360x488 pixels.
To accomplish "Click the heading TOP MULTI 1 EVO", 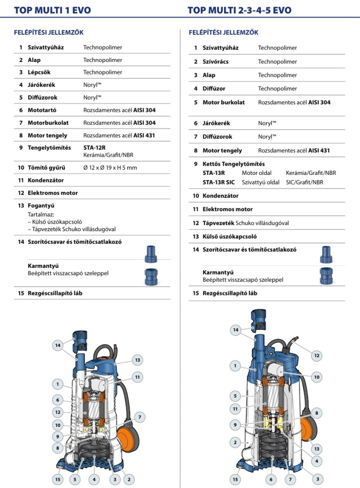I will pyautogui.click(x=52, y=10).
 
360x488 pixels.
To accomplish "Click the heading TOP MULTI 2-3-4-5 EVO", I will pyautogui.click(x=239, y=10).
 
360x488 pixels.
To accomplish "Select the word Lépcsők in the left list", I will pyautogui.click(x=39, y=72).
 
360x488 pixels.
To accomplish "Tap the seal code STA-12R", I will pyautogui.click(x=94, y=148).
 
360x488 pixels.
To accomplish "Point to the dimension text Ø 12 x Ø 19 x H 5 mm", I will pyautogui.click(x=110, y=168).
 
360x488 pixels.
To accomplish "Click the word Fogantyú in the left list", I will pyautogui.click(x=41, y=205).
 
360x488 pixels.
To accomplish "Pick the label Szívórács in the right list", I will pyautogui.click(x=217, y=61).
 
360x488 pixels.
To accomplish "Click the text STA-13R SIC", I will pyautogui.click(x=218, y=182).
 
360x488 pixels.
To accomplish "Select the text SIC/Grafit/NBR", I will pyautogui.click(x=304, y=182).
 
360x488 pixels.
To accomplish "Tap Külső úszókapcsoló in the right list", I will pyautogui.click(x=230, y=236).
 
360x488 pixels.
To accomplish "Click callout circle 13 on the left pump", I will pyautogui.click(x=137, y=360).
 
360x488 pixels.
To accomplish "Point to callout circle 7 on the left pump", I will pyautogui.click(x=140, y=417).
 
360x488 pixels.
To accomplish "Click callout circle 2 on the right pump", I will pyautogui.click(x=235, y=442).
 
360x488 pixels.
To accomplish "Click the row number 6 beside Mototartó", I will pyautogui.click(x=21, y=110).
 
